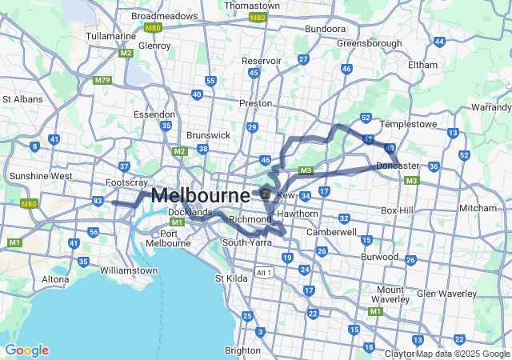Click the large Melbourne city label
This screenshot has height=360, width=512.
200,194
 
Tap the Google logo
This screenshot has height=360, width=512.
26,350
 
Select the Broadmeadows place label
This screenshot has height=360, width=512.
164,15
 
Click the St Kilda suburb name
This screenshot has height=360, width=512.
231,278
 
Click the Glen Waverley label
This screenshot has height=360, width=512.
446,294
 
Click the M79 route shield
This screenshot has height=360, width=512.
102,80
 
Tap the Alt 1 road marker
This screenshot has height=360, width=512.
264,273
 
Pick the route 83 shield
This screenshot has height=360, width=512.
98,200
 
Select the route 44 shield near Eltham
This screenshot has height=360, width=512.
439,41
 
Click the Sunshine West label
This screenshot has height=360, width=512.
40,175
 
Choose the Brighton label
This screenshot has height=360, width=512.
242,350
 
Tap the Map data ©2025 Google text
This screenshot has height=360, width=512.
462,354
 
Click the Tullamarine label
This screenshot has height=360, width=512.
111,36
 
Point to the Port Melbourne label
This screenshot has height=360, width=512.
169,238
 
